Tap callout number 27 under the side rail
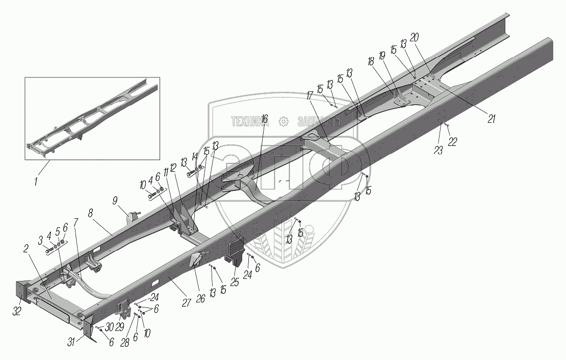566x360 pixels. [x=187, y=303]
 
